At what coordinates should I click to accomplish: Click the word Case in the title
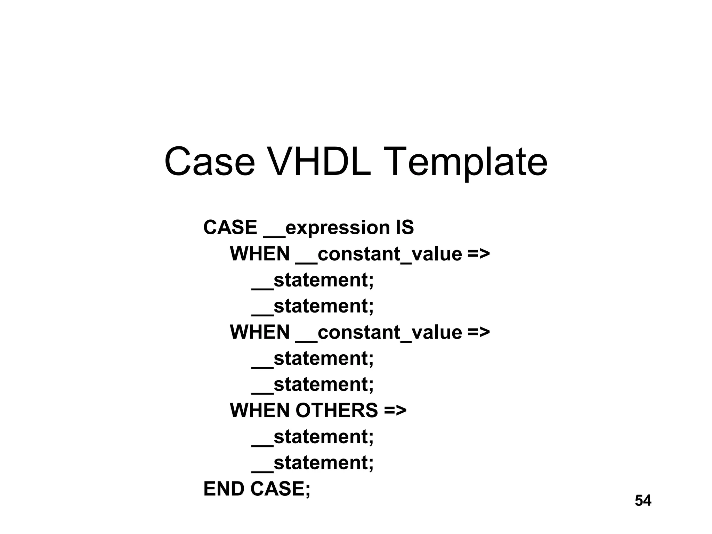(x=210, y=162)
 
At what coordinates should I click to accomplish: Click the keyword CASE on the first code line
(x=230, y=227)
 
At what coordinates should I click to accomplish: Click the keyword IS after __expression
(x=404, y=227)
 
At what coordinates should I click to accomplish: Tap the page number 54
(x=643, y=501)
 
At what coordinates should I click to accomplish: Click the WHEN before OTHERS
(x=260, y=410)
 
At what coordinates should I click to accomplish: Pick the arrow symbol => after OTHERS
(x=395, y=410)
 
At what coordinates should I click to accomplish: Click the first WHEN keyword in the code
(x=260, y=254)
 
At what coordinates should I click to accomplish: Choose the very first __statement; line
(x=313, y=280)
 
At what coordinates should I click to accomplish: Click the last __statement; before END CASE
(x=313, y=463)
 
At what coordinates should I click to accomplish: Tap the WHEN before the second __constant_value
(x=260, y=332)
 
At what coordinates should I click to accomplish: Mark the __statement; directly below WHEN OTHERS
(x=313, y=437)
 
